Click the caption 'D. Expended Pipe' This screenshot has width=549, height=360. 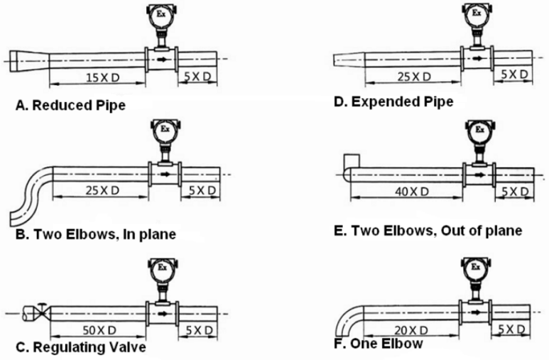tap(393, 102)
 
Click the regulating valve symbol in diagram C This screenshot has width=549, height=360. tap(43, 311)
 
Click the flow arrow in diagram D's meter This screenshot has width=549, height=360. tap(475, 57)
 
